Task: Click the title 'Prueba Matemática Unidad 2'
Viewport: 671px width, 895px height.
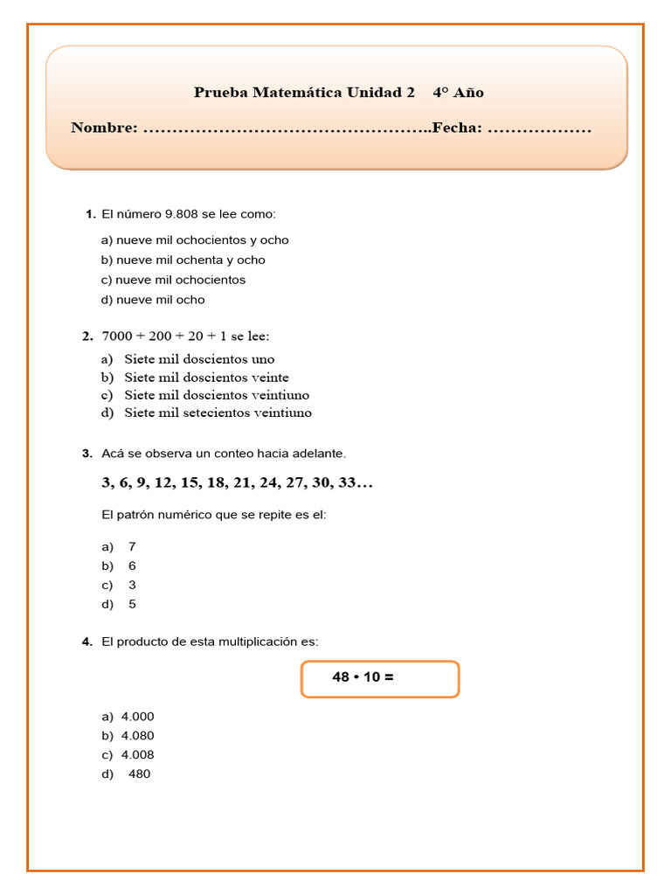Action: click(x=303, y=92)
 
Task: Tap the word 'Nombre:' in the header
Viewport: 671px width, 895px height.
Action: click(x=104, y=128)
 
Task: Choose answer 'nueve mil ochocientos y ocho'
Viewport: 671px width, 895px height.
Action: click(x=202, y=239)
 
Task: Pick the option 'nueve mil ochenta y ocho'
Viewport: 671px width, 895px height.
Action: click(x=190, y=260)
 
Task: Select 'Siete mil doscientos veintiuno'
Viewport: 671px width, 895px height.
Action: click(x=217, y=395)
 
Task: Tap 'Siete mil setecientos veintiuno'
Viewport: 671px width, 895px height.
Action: click(x=218, y=413)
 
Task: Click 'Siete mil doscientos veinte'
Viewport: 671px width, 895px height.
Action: click(x=206, y=378)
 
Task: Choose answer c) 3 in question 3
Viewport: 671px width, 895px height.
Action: click(x=132, y=585)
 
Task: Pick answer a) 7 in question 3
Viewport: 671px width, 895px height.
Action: click(x=132, y=546)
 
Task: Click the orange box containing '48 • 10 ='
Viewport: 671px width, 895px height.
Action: click(x=380, y=679)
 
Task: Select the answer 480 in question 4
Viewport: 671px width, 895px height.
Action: click(x=139, y=774)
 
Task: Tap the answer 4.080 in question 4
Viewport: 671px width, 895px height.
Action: click(x=137, y=735)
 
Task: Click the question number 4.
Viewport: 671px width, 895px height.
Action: click(x=87, y=642)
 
